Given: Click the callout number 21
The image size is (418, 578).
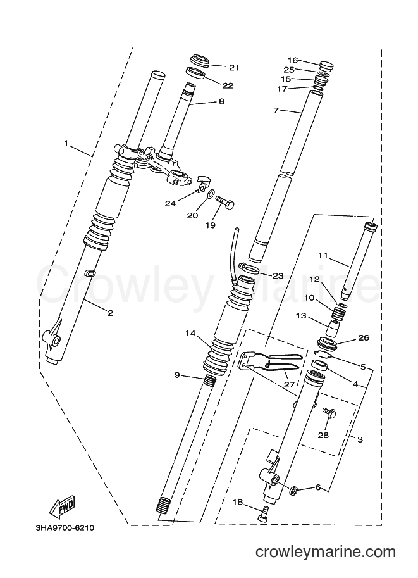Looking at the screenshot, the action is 234,68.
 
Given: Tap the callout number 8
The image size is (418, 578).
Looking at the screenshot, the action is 221,101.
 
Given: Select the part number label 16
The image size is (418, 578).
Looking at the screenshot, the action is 292,60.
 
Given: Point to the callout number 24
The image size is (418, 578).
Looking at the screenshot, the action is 170,203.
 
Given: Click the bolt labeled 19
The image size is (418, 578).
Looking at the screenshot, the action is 224,202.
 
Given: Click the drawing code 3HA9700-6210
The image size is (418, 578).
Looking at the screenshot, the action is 65,528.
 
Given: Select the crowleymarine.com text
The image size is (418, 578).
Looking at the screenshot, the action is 326,552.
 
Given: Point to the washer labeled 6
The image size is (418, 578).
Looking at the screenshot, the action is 294,491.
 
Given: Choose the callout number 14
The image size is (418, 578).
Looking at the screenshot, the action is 190,334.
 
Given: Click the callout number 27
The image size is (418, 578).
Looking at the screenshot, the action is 289,384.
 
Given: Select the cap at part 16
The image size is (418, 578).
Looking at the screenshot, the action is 324,66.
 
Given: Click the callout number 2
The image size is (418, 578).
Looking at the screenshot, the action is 110,313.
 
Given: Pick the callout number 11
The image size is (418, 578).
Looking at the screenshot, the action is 323,255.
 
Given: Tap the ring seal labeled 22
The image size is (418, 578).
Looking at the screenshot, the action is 195,72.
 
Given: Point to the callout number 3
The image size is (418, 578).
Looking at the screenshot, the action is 360,439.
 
